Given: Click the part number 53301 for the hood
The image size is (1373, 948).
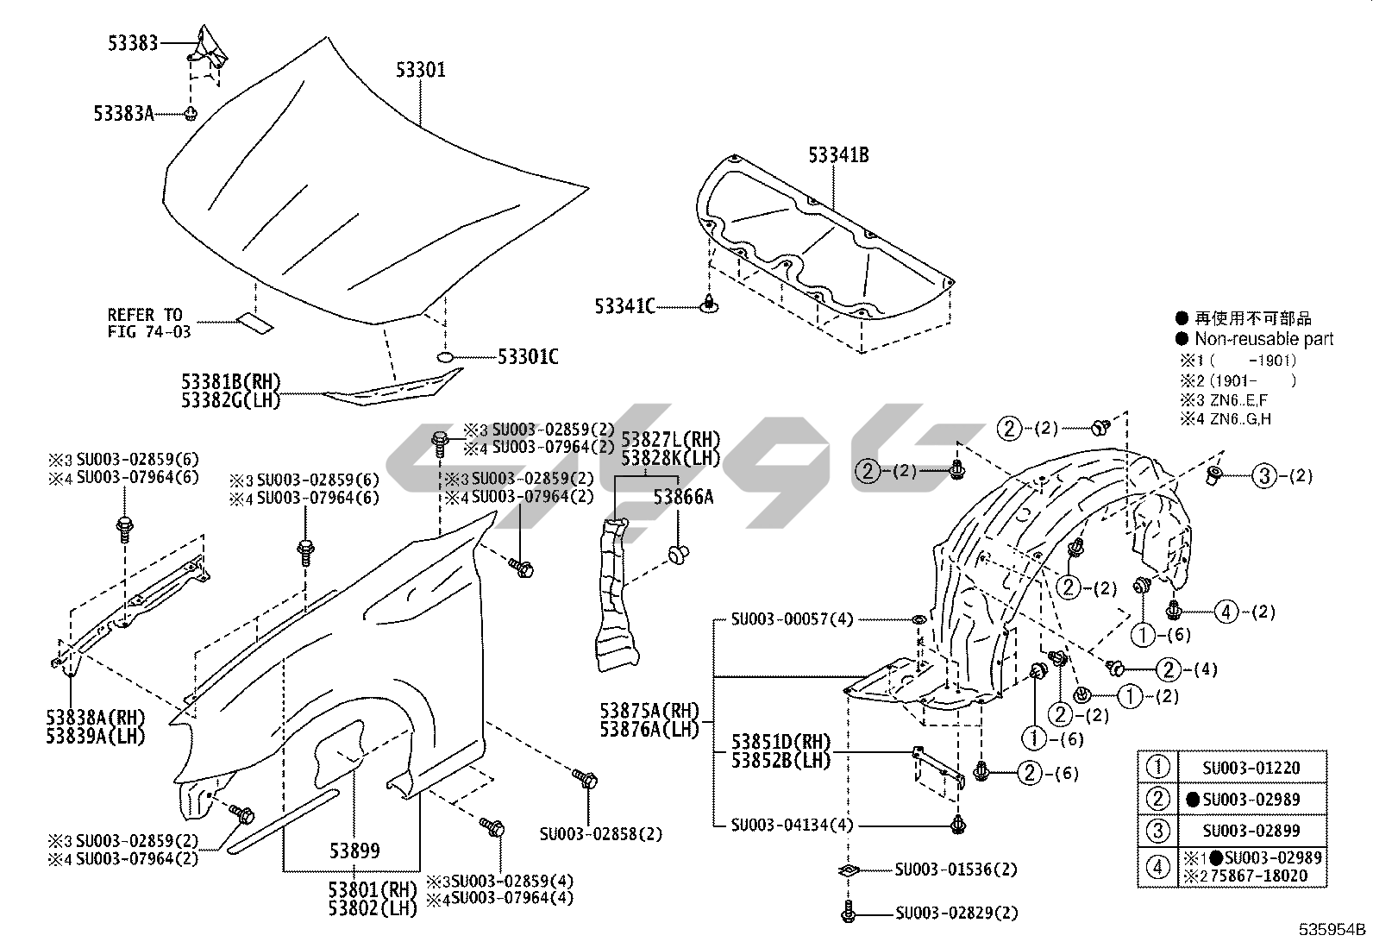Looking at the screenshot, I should click(x=421, y=70).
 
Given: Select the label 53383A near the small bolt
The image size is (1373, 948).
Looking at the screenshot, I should click(x=123, y=113).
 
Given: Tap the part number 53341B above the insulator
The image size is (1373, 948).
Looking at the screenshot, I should click(x=837, y=155).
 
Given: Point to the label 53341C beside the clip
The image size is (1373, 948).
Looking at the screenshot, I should click(x=624, y=305).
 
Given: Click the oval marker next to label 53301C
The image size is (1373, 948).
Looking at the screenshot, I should click(x=446, y=356).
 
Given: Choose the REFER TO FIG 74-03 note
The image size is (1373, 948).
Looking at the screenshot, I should click(x=149, y=323).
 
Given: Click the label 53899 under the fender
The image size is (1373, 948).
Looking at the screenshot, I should click(x=354, y=851).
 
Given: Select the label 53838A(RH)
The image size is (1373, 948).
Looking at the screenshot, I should click(x=96, y=718).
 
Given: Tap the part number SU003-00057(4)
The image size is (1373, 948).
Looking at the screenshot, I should click(x=792, y=619).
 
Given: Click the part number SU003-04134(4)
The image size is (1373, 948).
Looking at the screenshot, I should click(x=792, y=825).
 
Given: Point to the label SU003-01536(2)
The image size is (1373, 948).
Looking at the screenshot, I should click(x=955, y=869).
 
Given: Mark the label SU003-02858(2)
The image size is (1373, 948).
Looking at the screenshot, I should click(x=601, y=834).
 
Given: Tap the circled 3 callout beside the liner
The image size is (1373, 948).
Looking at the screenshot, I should click(x=1264, y=475).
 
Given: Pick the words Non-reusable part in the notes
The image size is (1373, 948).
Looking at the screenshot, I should click(x=1263, y=339).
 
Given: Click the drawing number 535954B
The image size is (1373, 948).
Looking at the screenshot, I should click(x=1333, y=930).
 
